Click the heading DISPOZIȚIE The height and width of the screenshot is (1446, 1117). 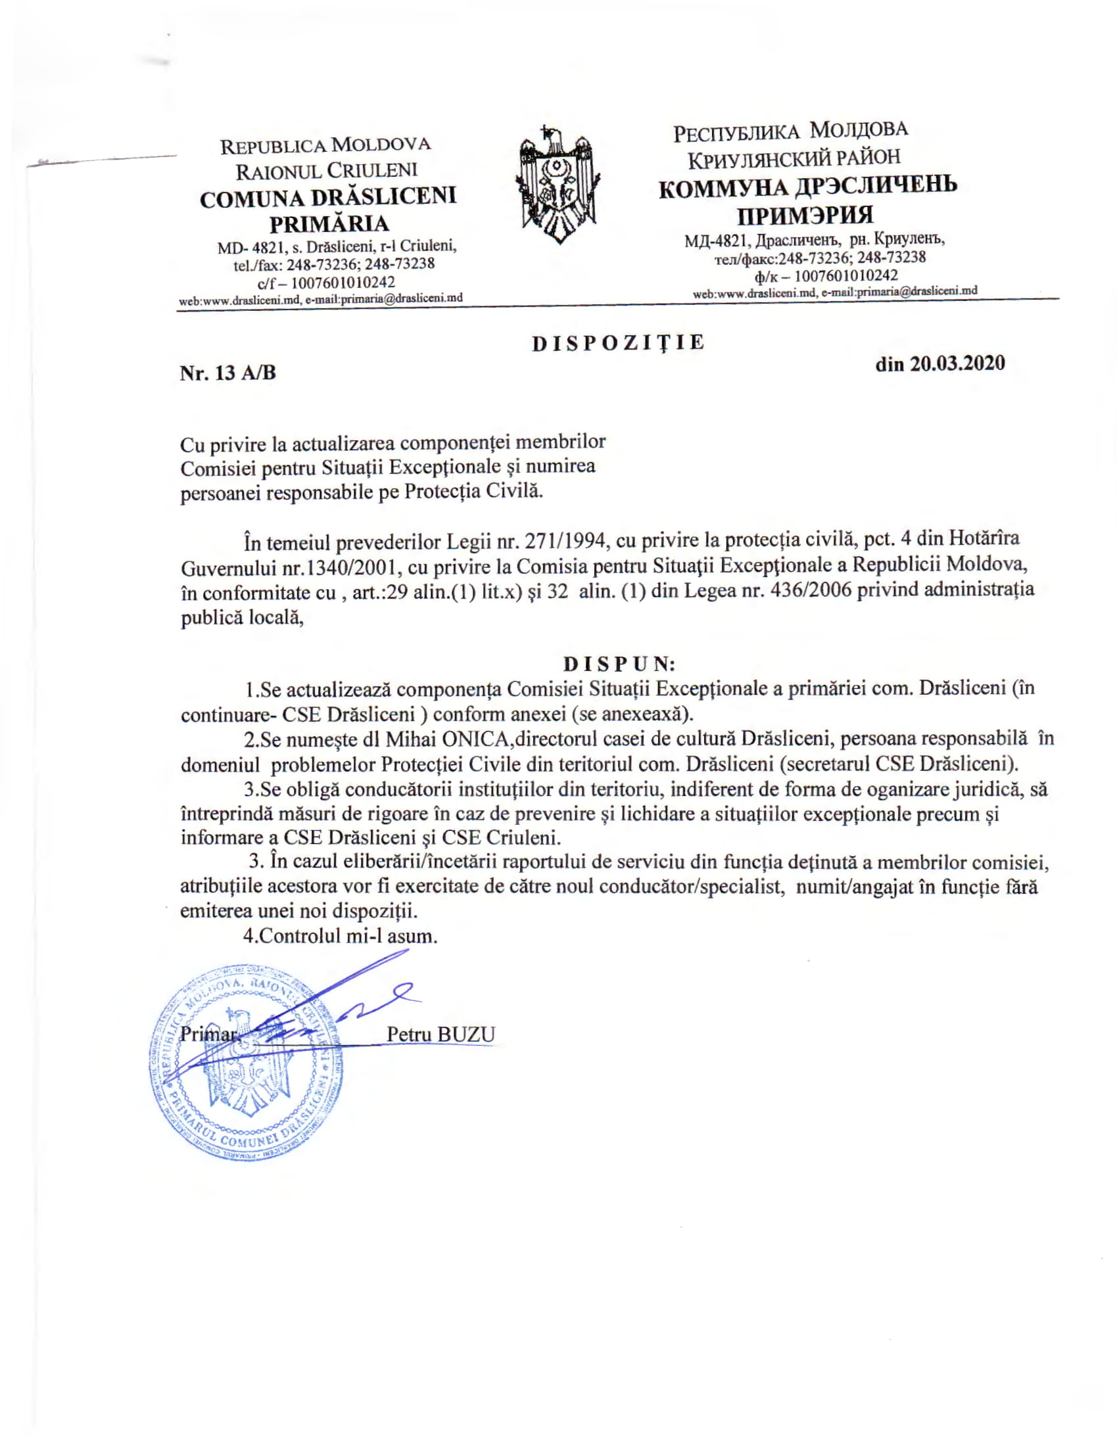(619, 343)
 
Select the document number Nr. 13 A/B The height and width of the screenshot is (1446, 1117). (227, 373)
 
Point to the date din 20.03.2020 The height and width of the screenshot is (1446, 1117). (939, 363)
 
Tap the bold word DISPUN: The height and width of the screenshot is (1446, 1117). (619, 663)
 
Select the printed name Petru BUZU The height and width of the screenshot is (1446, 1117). (440, 1034)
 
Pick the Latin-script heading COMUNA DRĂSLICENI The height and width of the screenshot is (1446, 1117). (329, 198)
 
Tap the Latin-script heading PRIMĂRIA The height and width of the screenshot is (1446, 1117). (329, 223)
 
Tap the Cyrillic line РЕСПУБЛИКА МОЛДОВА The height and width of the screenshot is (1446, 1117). (790, 130)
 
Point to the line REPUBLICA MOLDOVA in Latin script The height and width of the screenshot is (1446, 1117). (325, 145)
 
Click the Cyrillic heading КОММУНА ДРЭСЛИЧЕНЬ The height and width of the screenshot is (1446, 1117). (808, 187)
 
